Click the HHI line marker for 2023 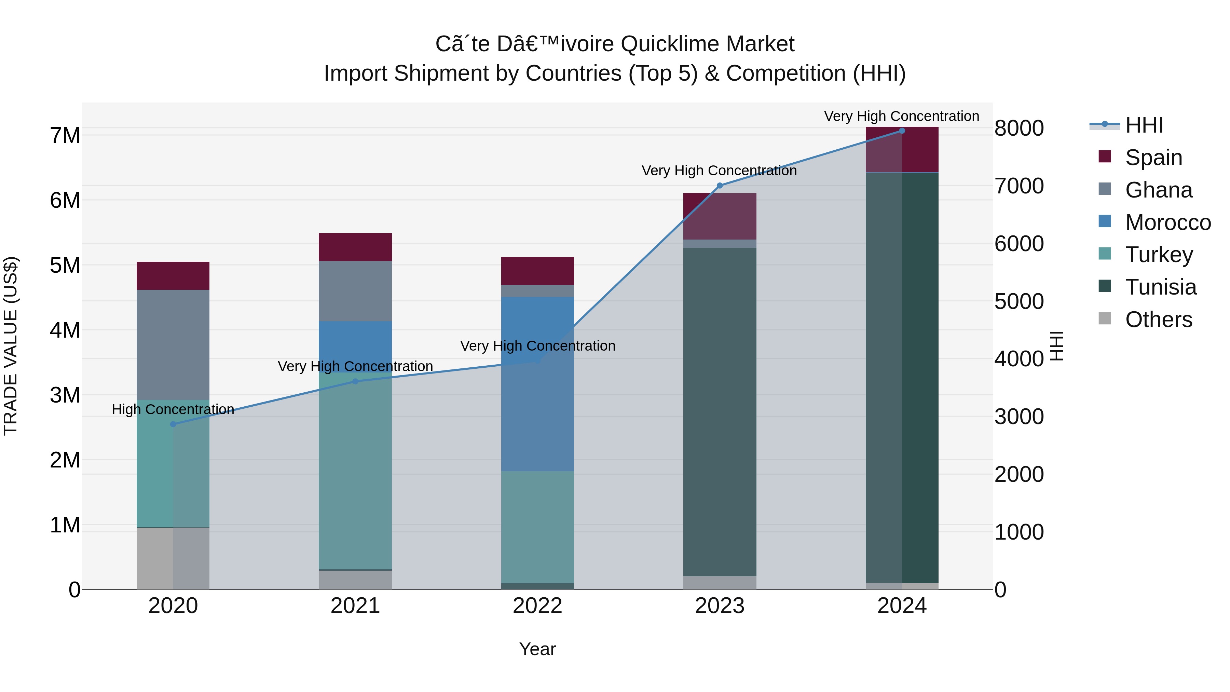(x=720, y=186)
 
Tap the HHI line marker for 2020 (x=173, y=424)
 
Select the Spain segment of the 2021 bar (x=355, y=247)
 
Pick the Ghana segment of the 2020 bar (x=173, y=344)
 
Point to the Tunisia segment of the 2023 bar (x=720, y=411)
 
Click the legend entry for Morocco (x=1167, y=222)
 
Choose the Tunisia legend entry (x=1160, y=287)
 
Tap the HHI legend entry (x=1144, y=125)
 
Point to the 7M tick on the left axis (x=65, y=136)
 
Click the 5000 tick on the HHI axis (x=1019, y=301)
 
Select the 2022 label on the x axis (x=538, y=606)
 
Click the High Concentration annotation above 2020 (x=173, y=409)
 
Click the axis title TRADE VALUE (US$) (x=11, y=346)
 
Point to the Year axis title (x=538, y=649)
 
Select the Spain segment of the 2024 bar (x=902, y=149)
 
